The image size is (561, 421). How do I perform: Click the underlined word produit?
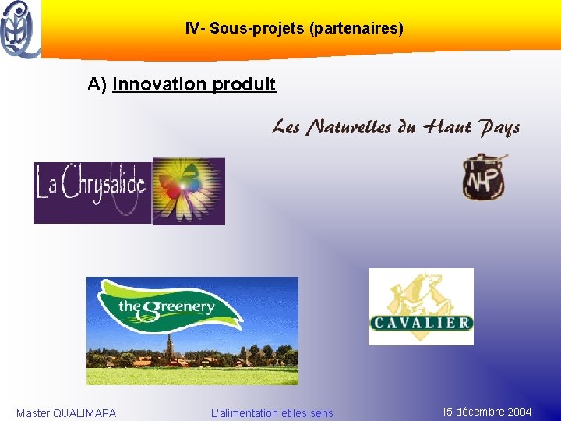tap(243, 84)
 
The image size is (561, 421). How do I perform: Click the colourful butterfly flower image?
tap(189, 191)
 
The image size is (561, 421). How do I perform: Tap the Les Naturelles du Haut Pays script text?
tap(396, 127)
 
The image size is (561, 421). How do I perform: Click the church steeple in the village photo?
tap(168, 345)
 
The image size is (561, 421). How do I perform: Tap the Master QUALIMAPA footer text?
tap(66, 413)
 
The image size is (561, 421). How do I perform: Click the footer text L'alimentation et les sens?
tap(272, 413)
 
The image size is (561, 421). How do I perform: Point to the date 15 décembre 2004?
tap(487, 412)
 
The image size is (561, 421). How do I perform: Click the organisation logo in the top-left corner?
tap(19, 30)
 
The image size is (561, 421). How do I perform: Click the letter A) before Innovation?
tap(97, 84)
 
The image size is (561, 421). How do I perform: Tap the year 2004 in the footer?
tap(519, 412)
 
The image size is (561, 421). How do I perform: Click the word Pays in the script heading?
tap(499, 127)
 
